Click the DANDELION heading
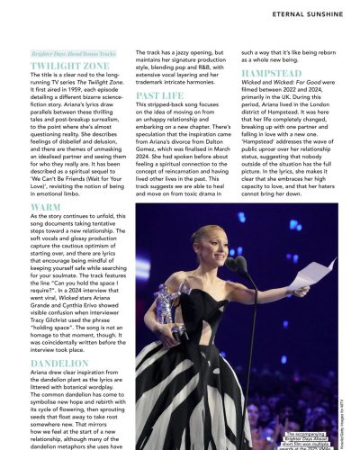point(58,363)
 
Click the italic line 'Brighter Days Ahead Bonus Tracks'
point(68,54)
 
